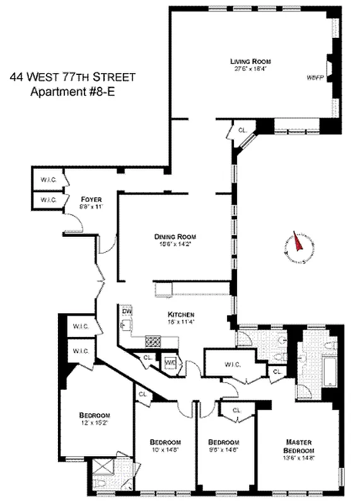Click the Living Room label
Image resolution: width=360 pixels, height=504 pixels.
(250, 61)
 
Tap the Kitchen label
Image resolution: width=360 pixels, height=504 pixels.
(180, 314)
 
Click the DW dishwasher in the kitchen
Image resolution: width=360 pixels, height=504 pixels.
(125, 311)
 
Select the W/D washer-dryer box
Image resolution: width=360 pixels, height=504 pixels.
(170, 364)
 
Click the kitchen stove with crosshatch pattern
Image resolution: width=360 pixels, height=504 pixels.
(153, 341)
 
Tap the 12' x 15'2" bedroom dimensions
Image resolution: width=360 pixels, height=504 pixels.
(95, 423)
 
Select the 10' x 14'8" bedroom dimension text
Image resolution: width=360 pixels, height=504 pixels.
(165, 450)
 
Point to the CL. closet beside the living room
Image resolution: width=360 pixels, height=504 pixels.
(241, 130)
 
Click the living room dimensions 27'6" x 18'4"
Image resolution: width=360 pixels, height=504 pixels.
(250, 69)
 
